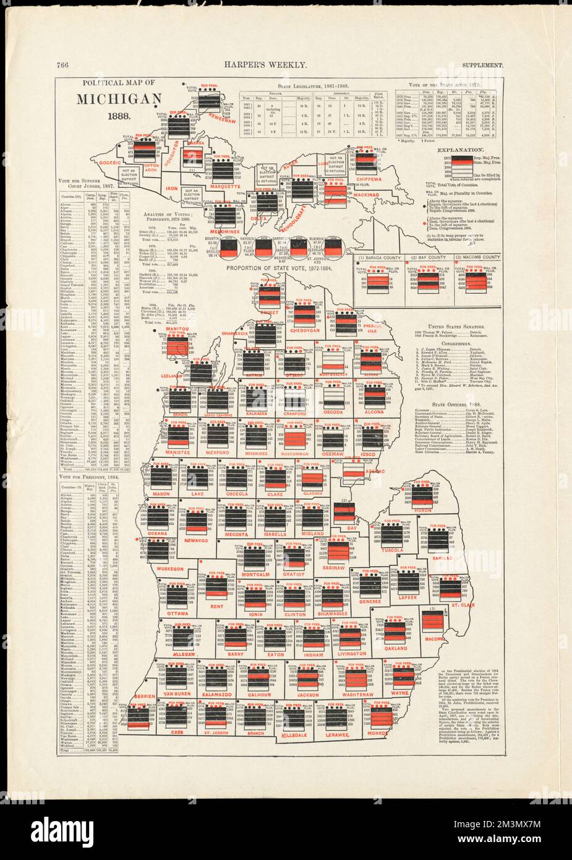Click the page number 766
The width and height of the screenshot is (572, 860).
[61, 64]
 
